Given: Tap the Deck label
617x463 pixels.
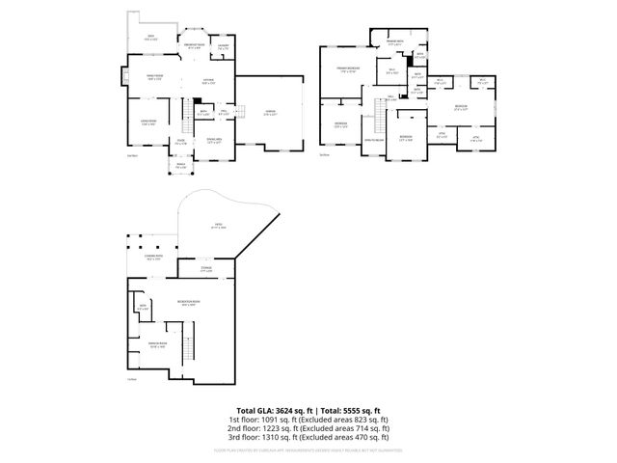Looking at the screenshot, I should pyautogui.click(x=151, y=38).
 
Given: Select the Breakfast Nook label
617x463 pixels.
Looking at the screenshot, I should pyautogui.click(x=193, y=45).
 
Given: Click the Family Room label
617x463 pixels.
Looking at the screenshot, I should pyautogui.click(x=154, y=78).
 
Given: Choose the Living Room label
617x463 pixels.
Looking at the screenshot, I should pyautogui.click(x=148, y=123).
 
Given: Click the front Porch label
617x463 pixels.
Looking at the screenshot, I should pyautogui.click(x=179, y=166).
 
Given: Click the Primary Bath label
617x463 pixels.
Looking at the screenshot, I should pyautogui.click(x=394, y=42).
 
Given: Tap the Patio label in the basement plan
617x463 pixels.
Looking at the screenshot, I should pyautogui.click(x=220, y=226).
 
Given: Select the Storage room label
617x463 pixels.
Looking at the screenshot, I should pyautogui.click(x=205, y=269).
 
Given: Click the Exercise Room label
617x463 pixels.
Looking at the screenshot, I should pyautogui.click(x=158, y=344).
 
